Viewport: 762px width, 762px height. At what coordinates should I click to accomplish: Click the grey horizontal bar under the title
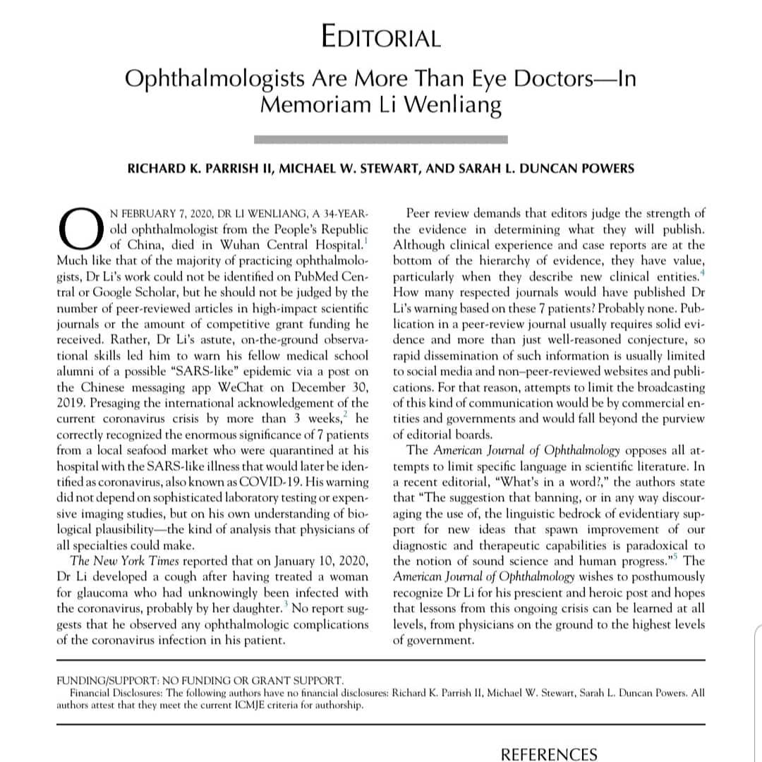[x=380, y=139]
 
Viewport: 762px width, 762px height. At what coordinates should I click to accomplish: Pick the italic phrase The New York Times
[x=120, y=561]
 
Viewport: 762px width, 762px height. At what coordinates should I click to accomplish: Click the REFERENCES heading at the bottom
[x=549, y=754]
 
